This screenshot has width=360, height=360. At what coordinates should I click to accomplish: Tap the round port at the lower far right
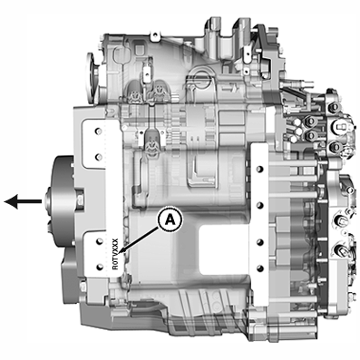[342, 249]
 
